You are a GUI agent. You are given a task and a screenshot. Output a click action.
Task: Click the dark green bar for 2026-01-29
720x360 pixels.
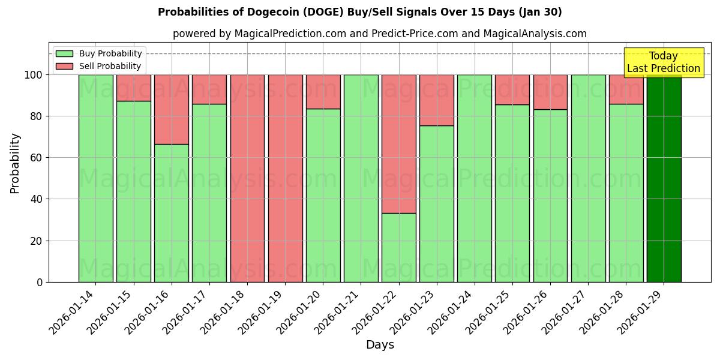click(x=664, y=180)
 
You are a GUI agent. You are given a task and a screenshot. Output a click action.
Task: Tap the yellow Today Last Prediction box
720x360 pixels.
click(x=663, y=62)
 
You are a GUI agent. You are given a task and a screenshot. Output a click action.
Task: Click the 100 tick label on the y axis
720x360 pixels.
click(x=34, y=75)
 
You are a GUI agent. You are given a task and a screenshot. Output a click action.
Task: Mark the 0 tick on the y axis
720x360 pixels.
click(x=40, y=282)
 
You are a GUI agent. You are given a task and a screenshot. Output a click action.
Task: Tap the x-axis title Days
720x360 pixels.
click(x=380, y=345)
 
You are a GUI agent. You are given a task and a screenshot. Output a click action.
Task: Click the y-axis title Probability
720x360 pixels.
click(x=15, y=163)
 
